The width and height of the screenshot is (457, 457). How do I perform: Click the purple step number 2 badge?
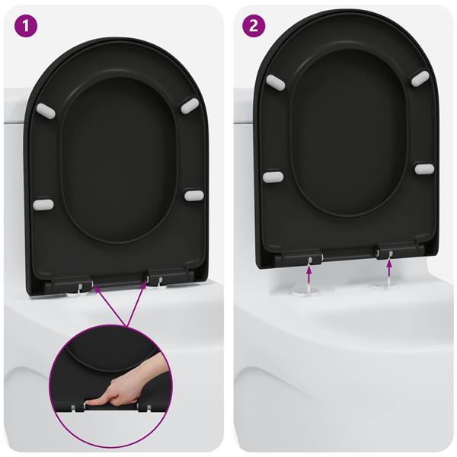coord(254,26)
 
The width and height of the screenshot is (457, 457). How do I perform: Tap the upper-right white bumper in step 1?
coord(189,107)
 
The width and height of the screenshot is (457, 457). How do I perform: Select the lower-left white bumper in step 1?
coord(43,205)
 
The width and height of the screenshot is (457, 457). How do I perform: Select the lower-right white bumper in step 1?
coord(193,196)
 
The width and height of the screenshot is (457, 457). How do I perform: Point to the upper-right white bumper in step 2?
coord(420,78)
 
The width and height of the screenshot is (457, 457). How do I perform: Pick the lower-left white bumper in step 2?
coord(273,177)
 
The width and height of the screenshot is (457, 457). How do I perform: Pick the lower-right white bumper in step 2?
coord(424,168)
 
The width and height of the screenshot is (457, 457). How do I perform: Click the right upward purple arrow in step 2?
coord(389,266)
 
